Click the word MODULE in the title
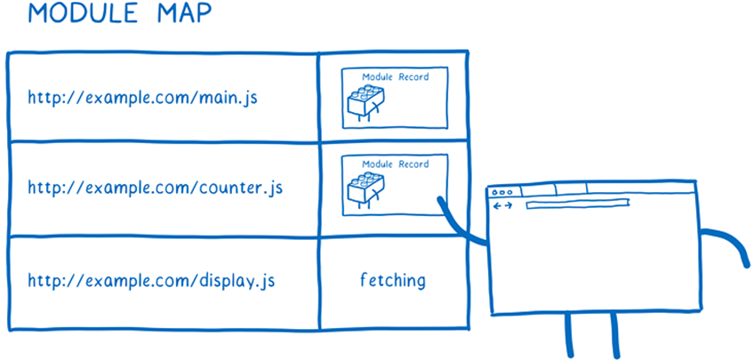click(x=70, y=15)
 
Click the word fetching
click(x=392, y=281)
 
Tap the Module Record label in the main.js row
click(x=395, y=77)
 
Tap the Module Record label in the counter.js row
click(x=395, y=164)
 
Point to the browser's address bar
click(x=578, y=205)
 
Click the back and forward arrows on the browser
click(x=502, y=206)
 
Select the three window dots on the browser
click(x=502, y=192)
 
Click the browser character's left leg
click(x=568, y=336)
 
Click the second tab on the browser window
click(x=570, y=188)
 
